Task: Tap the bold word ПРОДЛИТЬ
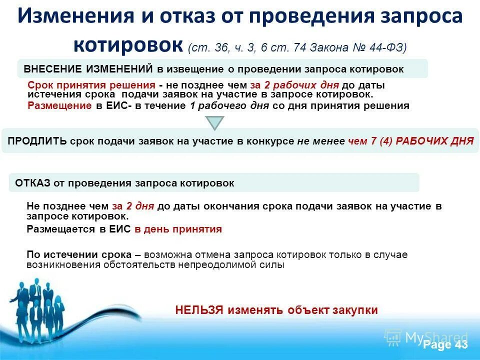[x=37, y=141]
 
